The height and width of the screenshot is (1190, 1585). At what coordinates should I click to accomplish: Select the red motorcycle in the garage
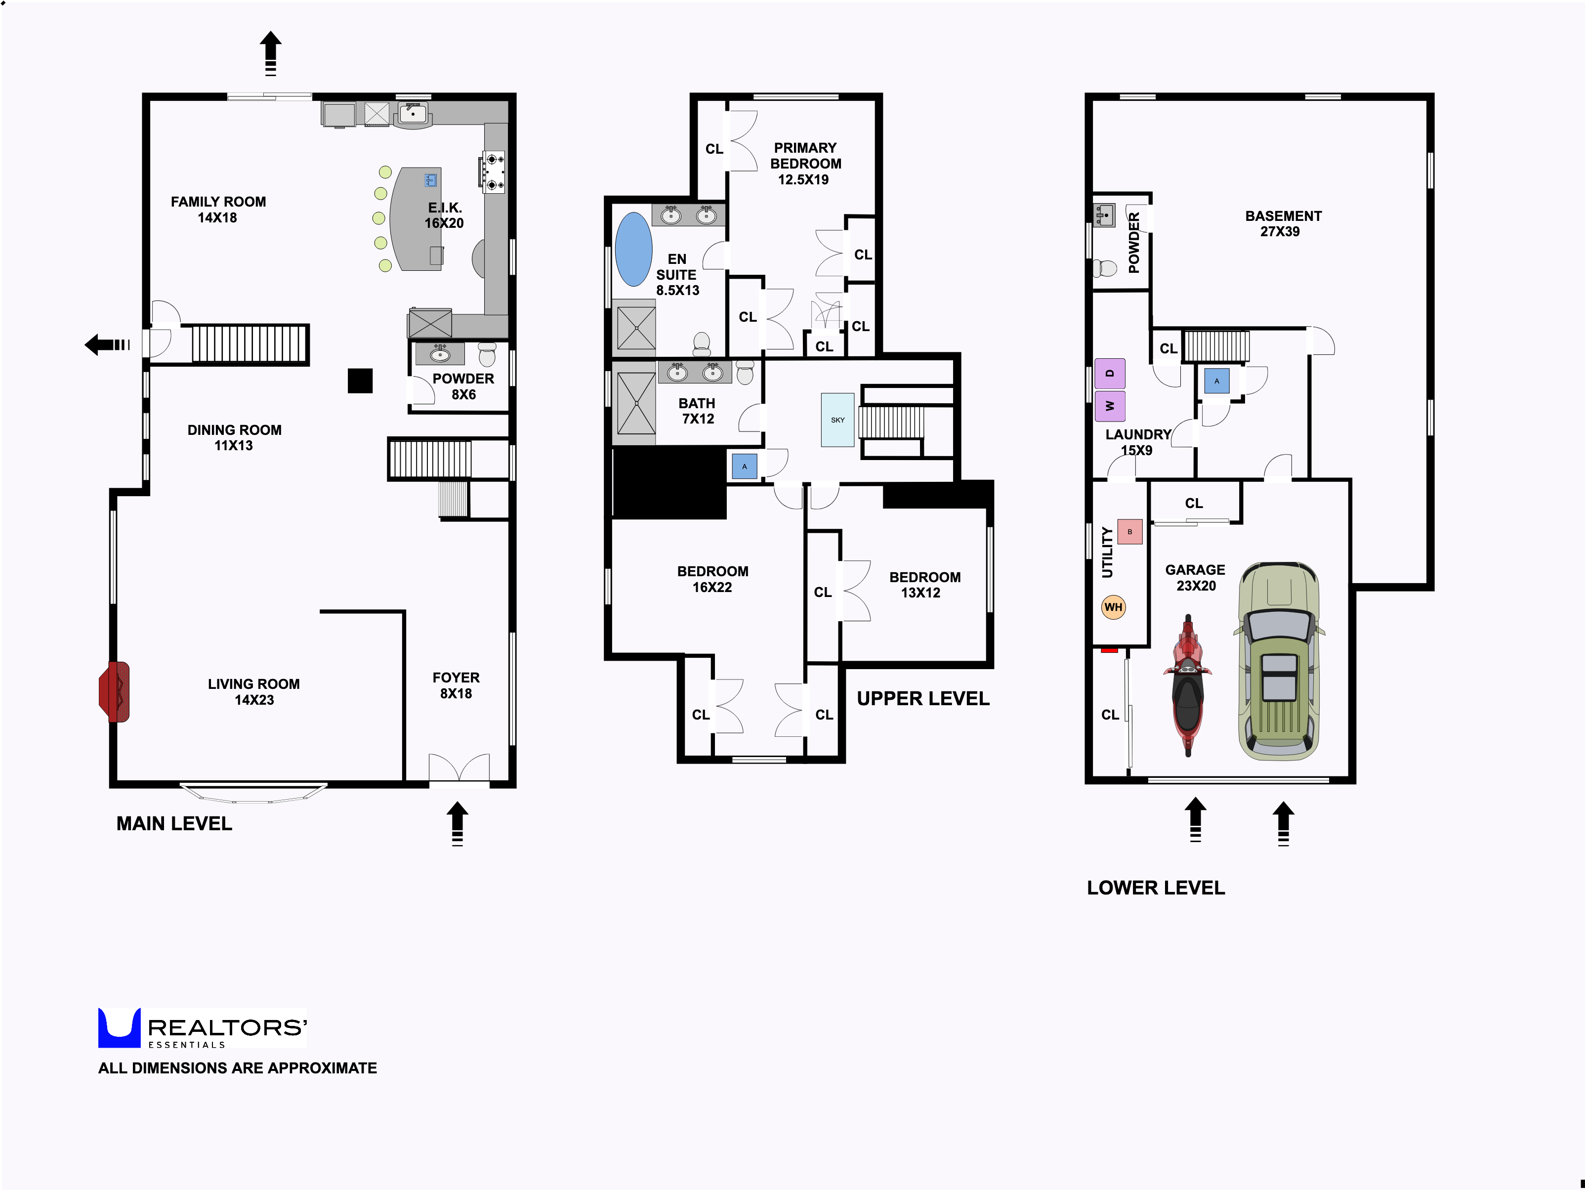click(x=1188, y=684)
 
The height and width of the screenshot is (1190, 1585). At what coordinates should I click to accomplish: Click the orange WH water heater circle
click(x=1113, y=607)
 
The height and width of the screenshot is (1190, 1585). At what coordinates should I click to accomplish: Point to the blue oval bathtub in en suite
click(x=633, y=249)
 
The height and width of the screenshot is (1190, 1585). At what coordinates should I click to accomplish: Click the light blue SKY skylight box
click(x=837, y=420)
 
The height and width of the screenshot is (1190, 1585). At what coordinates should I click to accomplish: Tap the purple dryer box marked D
click(x=1110, y=373)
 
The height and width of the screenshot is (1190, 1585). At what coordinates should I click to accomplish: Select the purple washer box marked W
click(x=1110, y=406)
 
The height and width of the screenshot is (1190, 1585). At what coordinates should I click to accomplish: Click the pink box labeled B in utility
click(x=1130, y=532)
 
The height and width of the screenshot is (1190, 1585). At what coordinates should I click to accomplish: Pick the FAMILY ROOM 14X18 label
click(x=218, y=210)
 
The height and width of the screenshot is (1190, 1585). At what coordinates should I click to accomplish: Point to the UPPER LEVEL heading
click(x=923, y=698)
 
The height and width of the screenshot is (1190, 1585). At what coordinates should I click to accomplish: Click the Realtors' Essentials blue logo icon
click(x=119, y=1027)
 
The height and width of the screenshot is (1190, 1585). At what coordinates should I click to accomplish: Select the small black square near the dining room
click(x=360, y=381)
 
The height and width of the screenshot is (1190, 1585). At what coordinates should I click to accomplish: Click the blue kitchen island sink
click(x=431, y=179)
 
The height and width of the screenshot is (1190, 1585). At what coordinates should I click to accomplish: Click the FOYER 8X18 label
click(x=456, y=685)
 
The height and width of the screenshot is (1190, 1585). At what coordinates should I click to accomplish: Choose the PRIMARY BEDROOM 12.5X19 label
click(x=805, y=164)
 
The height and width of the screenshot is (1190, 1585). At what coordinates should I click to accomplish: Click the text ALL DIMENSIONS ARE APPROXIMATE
click(x=237, y=1067)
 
